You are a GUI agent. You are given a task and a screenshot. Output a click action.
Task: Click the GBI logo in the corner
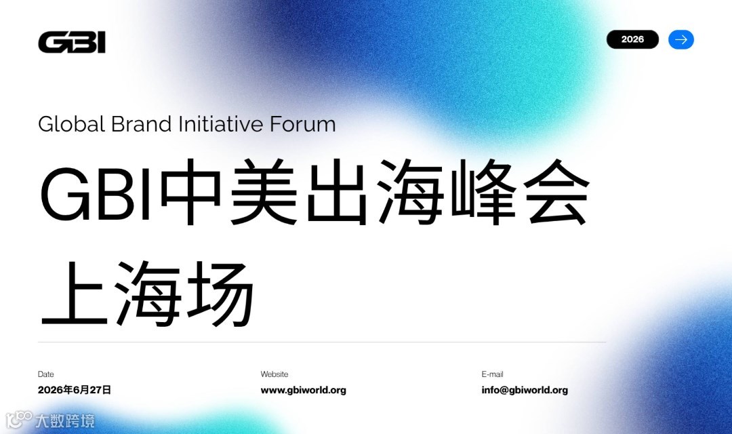(x=72, y=42)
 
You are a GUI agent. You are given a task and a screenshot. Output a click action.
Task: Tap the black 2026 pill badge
(x=632, y=39)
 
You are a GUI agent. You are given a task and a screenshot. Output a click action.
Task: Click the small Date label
(x=46, y=374)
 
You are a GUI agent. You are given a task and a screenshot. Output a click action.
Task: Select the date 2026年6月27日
(x=75, y=390)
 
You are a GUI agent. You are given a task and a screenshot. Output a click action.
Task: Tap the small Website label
(x=274, y=374)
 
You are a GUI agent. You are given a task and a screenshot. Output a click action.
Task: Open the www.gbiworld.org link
(x=304, y=390)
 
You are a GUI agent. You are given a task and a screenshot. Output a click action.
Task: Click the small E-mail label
(x=493, y=374)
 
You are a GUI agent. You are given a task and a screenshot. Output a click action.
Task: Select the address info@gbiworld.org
(x=525, y=390)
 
